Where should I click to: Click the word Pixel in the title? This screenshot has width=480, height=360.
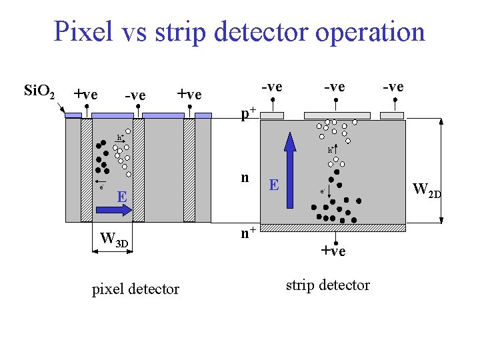pyautogui.click(x=83, y=31)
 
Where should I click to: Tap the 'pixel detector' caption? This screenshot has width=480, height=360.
pyautogui.click(x=135, y=289)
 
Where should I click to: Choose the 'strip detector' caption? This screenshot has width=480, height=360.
pyautogui.click(x=327, y=285)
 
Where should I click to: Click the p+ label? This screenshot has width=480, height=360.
pyautogui.click(x=249, y=113)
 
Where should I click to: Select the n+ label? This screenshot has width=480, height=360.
pyautogui.click(x=249, y=233)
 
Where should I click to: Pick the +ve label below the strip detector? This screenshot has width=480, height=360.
pyautogui.click(x=333, y=251)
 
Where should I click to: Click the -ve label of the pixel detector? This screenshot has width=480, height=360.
pyautogui.click(x=135, y=95)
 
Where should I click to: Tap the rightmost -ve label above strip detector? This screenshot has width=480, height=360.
pyautogui.click(x=393, y=87)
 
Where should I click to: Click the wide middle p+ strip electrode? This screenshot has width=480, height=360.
pyautogui.click(x=337, y=115)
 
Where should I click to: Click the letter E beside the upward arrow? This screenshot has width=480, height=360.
pyautogui.click(x=273, y=185)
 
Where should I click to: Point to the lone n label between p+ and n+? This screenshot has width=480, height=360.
pyautogui.click(x=245, y=177)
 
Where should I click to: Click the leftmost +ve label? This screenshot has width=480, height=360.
pyautogui.click(x=85, y=94)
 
